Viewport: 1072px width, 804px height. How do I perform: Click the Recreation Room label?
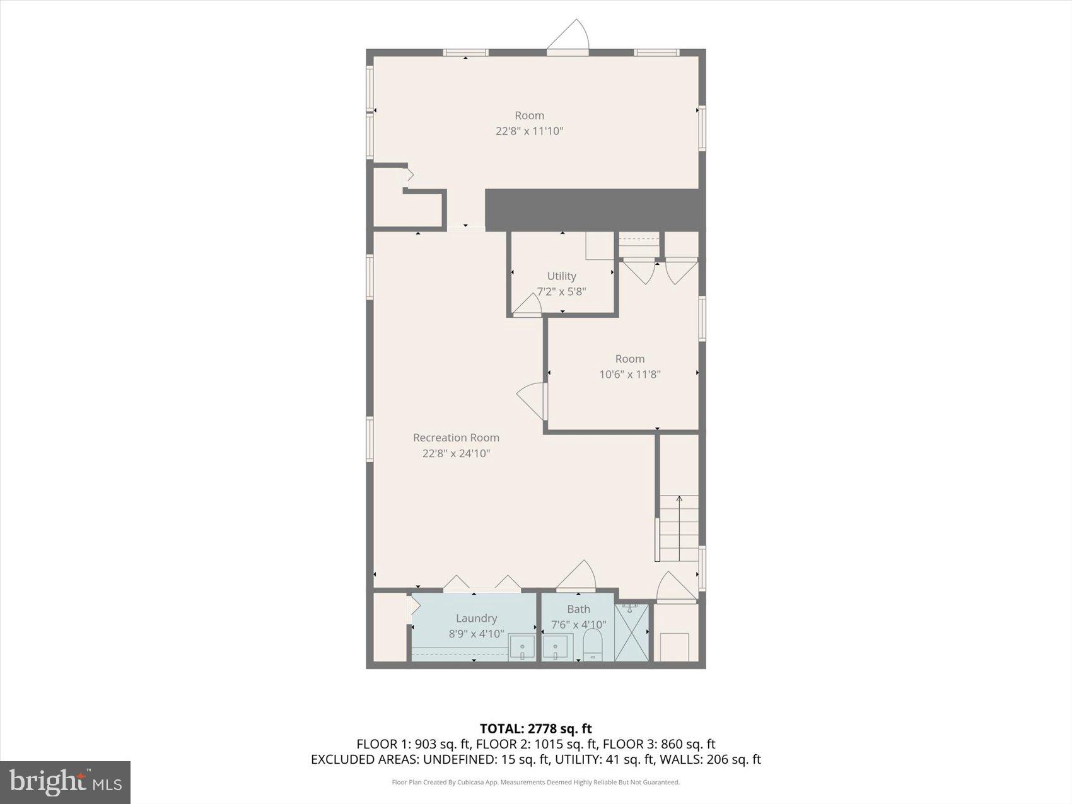coord(456,437)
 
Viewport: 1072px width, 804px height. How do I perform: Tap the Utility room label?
coord(561,276)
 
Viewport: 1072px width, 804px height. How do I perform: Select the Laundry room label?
coord(476,618)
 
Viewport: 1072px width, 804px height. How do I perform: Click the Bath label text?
coord(578,609)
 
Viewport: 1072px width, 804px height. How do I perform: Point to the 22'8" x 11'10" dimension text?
coord(529,131)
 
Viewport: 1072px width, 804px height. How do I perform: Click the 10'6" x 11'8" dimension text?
coord(629,374)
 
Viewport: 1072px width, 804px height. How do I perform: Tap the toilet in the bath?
coord(593,646)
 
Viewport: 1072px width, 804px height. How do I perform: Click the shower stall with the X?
coord(632,632)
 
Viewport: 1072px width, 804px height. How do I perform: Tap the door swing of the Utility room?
coord(528,305)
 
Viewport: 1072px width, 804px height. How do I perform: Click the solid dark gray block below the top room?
coord(594,209)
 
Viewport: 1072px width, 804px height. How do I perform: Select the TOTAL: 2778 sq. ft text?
coord(535,729)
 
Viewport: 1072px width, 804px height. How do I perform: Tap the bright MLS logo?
coord(66,783)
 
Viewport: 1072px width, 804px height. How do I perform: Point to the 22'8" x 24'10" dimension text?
coord(456,453)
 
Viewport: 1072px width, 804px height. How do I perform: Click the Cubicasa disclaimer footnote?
coord(535,782)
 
